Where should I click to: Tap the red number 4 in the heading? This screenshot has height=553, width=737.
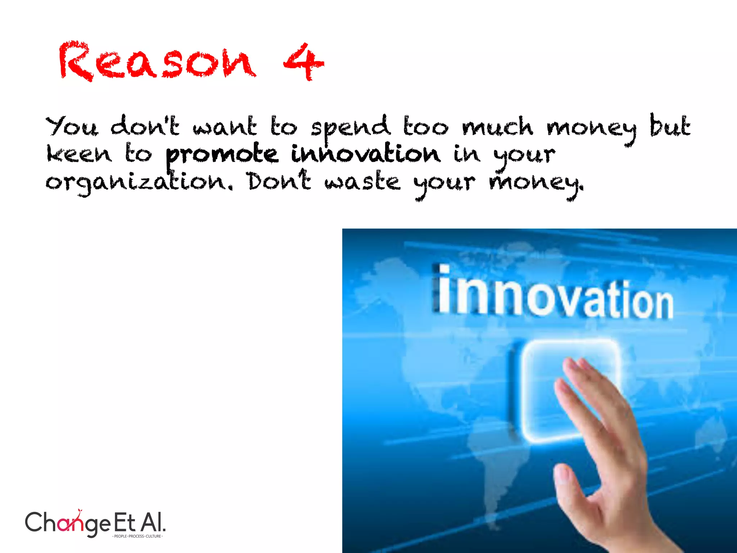point(303,62)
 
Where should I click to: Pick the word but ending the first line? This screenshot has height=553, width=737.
point(670,126)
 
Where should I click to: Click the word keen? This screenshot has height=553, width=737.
point(79,154)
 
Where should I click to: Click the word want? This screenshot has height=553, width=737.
point(225,127)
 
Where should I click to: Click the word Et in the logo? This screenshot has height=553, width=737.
point(125,522)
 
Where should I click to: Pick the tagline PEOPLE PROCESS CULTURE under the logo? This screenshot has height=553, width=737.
point(137,536)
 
